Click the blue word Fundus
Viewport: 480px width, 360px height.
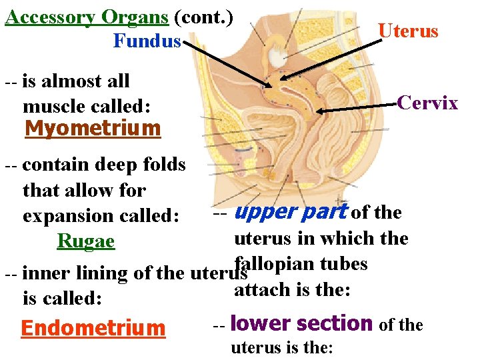147,41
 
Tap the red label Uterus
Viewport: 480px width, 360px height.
408,31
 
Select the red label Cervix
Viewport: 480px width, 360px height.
427,103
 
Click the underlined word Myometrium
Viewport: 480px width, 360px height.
93,128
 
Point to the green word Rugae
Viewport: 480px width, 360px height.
86,241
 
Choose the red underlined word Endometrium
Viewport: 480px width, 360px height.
93,328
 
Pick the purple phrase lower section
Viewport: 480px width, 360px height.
301,324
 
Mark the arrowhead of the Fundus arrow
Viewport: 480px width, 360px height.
269,86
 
